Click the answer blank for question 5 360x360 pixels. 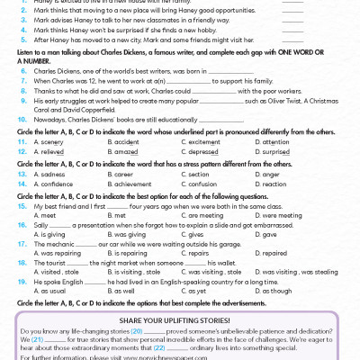point(292,40)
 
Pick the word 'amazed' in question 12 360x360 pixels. point(120,153)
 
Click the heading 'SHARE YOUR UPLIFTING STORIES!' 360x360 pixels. point(180,320)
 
